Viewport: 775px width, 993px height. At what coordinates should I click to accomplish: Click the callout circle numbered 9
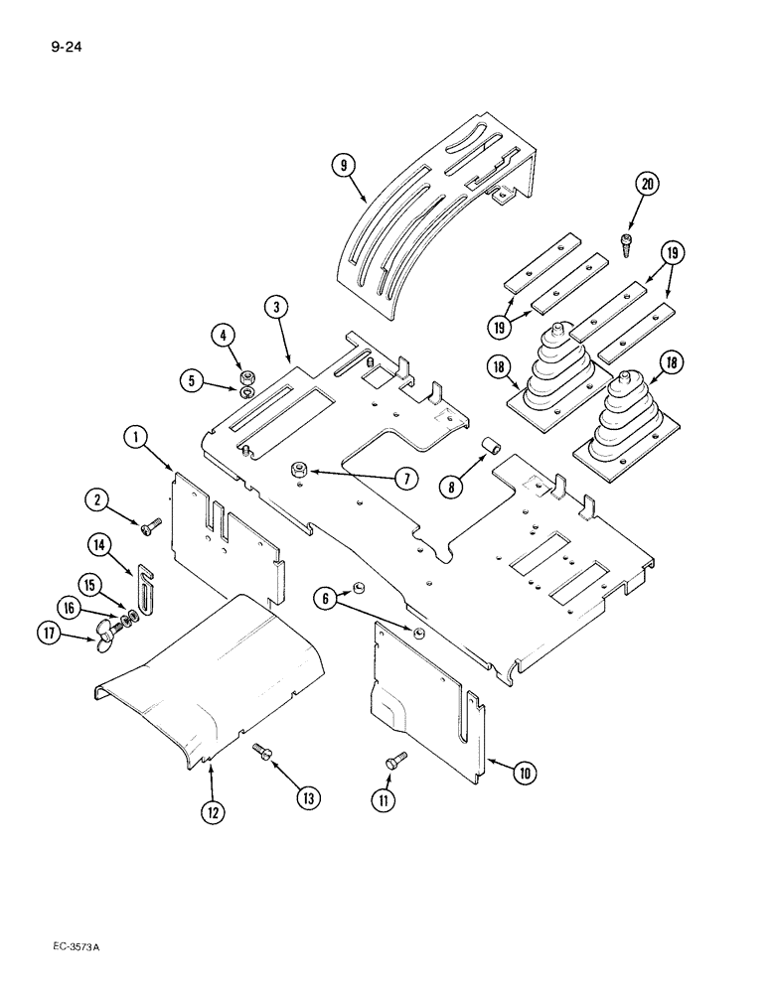point(344,167)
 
